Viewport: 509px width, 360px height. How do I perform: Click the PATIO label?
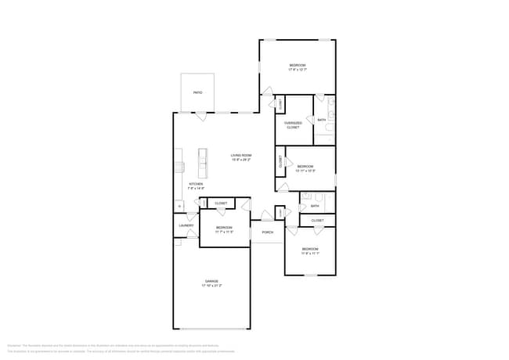pyautogui.click(x=197, y=93)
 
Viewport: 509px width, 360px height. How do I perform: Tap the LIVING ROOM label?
pyautogui.click(x=240, y=155)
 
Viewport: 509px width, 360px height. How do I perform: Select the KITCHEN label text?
pyautogui.click(x=196, y=184)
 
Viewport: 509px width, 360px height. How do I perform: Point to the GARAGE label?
pyautogui.click(x=211, y=280)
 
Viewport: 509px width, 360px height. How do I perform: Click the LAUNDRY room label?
pyautogui.click(x=186, y=225)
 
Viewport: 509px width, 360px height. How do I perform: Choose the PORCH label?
pyautogui.click(x=267, y=232)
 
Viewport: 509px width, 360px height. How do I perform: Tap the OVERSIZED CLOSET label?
pyautogui.click(x=293, y=124)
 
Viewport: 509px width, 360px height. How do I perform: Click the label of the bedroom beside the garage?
pyautogui.click(x=225, y=228)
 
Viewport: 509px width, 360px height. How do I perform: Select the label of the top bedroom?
pyautogui.click(x=297, y=65)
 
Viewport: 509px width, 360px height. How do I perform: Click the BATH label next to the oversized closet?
pyautogui.click(x=321, y=120)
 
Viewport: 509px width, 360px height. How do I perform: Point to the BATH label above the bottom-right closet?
pyautogui.click(x=314, y=206)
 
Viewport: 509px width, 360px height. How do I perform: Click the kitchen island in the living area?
pyautogui.click(x=202, y=164)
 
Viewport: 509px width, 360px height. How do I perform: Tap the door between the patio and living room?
pyautogui.click(x=200, y=116)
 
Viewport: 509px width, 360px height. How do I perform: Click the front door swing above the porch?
pyautogui.click(x=269, y=214)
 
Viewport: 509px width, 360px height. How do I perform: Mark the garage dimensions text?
pyautogui.click(x=211, y=286)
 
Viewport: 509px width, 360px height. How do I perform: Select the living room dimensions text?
pyautogui.click(x=240, y=160)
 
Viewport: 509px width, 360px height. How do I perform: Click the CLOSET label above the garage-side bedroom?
pyautogui.click(x=221, y=203)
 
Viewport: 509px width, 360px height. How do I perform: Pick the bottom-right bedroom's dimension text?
pyautogui.click(x=310, y=254)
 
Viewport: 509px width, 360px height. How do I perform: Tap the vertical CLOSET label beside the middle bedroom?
pyautogui.click(x=280, y=163)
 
